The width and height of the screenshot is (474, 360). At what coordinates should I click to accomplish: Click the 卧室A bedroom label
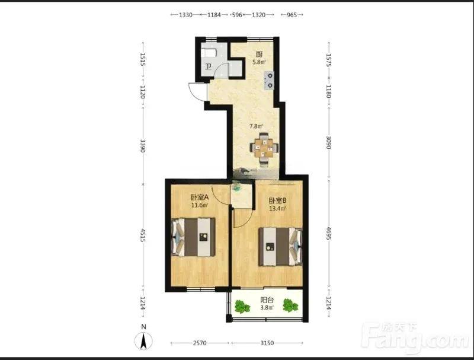point(200,197)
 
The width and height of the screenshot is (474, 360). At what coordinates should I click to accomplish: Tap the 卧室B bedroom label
point(277,200)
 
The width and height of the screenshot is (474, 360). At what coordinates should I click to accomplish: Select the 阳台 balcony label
point(267,300)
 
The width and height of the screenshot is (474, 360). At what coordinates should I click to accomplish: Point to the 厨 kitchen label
point(259,55)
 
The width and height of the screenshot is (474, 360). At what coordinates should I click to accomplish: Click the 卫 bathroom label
point(209,66)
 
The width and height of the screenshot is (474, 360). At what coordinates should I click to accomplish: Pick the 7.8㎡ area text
point(256,126)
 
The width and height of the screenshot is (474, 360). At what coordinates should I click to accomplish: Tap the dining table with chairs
point(264,148)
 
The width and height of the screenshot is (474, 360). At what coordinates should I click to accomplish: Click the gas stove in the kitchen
point(270,81)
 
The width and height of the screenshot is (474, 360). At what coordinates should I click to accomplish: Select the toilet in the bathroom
point(209,53)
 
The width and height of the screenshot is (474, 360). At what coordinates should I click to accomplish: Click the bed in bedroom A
point(194,237)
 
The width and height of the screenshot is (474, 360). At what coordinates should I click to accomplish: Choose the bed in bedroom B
point(280,247)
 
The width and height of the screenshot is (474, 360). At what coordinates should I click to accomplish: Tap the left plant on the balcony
point(242,307)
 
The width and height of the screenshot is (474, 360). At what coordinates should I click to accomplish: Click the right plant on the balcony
point(290,305)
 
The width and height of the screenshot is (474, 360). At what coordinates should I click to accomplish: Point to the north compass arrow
point(144,341)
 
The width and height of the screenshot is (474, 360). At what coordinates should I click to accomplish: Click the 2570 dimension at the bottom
point(200,343)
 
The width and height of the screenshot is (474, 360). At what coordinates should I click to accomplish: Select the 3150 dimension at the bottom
point(267,343)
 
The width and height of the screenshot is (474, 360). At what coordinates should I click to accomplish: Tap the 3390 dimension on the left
point(143,146)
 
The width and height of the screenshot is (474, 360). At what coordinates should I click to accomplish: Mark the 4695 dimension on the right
point(329,233)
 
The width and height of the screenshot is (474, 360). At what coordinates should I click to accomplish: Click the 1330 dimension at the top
point(185,15)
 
